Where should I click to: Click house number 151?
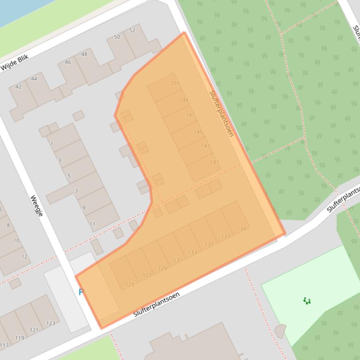[x=175, y=83]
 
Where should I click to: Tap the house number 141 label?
[x=214, y=162]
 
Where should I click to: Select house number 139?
[x=241, y=229]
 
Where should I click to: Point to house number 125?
[x=130, y=284]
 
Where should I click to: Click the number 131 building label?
[x=178, y=260]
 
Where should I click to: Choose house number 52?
[x=132, y=30]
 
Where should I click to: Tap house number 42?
[x=18, y=86]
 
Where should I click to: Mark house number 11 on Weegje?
[x=92, y=224]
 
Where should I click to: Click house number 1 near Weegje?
[x=51, y=144]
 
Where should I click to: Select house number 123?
[x=51, y=323]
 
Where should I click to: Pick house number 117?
[x=3, y=346]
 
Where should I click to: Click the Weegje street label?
[x=37, y=206]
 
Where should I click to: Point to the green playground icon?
[x=307, y=301]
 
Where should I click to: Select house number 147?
[x=190, y=115]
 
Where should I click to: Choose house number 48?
[x=84, y=54]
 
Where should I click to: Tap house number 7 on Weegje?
[x=76, y=191]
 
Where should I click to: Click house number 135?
[x=209, y=244]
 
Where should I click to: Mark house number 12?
[x=24, y=256]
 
